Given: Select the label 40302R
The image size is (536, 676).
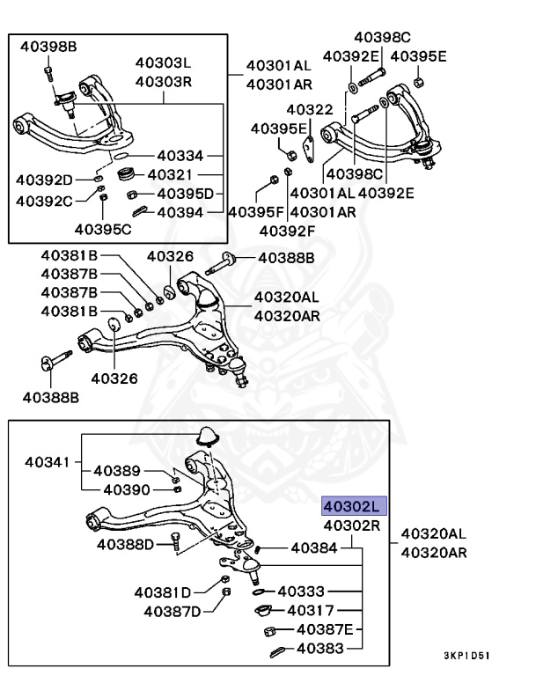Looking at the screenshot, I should point(352,525).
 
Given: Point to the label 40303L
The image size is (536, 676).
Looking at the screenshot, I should point(163,63).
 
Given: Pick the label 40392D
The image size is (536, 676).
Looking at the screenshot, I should point(44,180).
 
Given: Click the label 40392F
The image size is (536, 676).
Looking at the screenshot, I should point(287,231).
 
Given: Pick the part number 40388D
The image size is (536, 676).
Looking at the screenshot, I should point(126,545).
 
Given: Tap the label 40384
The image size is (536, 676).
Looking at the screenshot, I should point(312,548).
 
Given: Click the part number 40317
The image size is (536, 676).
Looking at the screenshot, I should point(310,609).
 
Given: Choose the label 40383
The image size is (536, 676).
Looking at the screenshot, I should point(319,650).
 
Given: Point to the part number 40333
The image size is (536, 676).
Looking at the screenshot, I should point(301,591).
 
